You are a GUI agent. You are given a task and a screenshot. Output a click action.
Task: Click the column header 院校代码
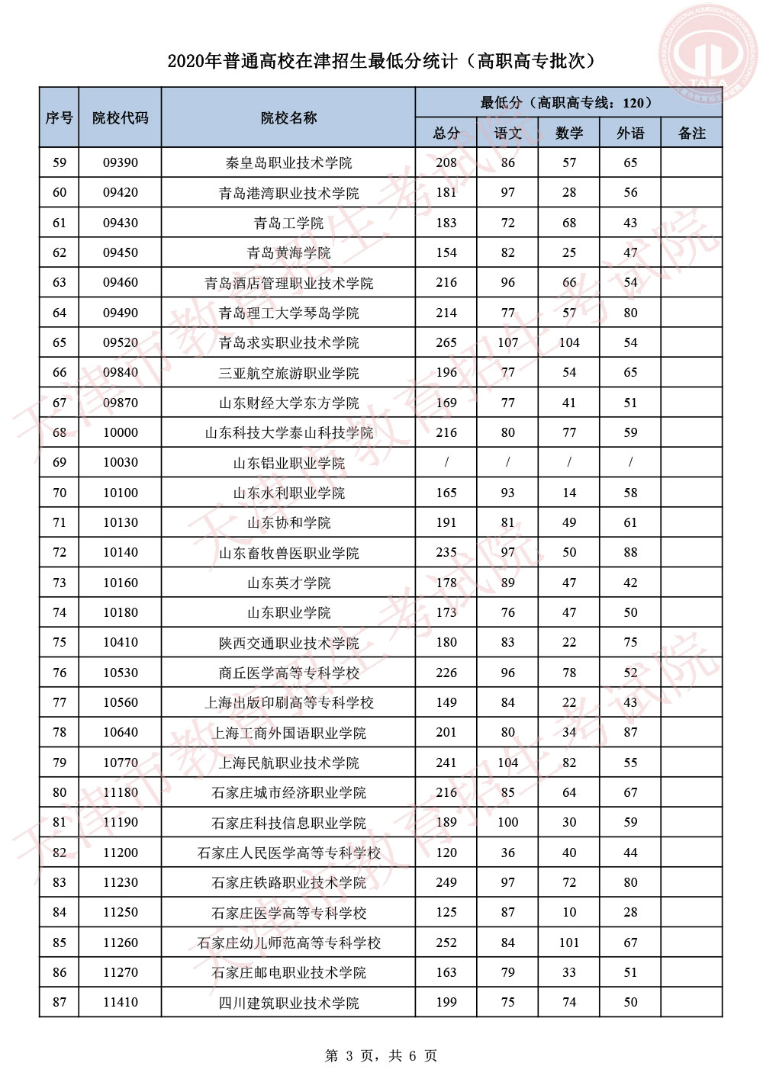tap(121, 117)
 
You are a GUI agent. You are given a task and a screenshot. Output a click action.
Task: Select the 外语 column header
tap(630, 133)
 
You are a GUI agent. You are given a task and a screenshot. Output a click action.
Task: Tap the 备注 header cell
tap(691, 133)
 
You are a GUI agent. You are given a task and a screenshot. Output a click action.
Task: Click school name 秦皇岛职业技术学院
tap(288, 162)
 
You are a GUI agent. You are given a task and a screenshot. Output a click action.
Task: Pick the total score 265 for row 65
tap(446, 342)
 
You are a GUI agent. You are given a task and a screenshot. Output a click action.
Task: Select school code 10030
tap(121, 462)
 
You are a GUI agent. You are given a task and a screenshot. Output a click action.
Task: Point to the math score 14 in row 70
tap(569, 493)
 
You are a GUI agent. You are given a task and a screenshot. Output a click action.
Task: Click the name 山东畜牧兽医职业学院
tap(288, 553)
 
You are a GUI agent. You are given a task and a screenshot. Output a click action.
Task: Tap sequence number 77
tap(60, 702)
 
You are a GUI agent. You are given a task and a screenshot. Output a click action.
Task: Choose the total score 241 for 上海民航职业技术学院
tap(446, 763)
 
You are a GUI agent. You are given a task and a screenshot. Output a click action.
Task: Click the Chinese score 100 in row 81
tap(507, 822)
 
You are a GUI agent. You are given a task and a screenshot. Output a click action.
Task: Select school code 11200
tap(121, 853)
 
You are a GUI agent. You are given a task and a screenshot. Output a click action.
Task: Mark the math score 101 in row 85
tap(569, 943)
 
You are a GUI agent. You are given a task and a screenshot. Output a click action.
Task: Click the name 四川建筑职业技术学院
tap(288, 1003)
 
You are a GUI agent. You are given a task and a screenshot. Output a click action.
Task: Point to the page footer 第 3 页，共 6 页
tap(381, 1055)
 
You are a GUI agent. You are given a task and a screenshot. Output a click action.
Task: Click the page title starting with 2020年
tap(381, 61)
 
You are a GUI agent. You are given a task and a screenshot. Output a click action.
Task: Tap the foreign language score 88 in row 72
tap(630, 552)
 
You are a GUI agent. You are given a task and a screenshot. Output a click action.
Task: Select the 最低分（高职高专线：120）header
tap(568, 102)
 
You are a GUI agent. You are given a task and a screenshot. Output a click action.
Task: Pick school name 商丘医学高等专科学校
tap(288, 673)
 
